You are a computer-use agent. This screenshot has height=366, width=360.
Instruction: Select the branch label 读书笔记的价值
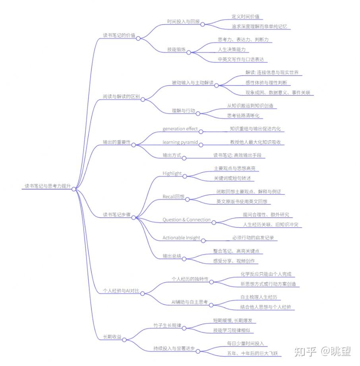pyautogui.click(x=119, y=35)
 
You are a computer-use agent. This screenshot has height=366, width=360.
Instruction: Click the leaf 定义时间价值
pyautogui.click(x=246, y=17)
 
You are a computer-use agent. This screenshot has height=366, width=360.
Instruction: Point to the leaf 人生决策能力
pyautogui.click(x=232, y=49)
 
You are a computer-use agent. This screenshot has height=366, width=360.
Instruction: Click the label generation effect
pyautogui.click(x=180, y=129)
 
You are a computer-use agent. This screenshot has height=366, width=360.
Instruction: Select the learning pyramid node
pyautogui.click(x=180, y=142)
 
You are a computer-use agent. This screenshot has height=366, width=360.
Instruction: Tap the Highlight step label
pyautogui.click(x=172, y=173)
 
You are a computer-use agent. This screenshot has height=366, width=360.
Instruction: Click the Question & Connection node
pyautogui.click(x=186, y=220)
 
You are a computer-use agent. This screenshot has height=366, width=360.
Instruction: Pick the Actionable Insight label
pyautogui.click(x=181, y=238)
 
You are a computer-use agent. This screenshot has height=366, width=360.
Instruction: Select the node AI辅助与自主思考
pyautogui.click(x=190, y=302)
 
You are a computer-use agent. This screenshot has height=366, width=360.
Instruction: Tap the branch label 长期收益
pyautogui.click(x=112, y=337)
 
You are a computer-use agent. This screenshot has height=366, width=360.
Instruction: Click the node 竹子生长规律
pyautogui.click(x=167, y=325)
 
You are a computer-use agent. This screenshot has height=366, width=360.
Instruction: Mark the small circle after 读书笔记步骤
pyautogui.click(x=134, y=217)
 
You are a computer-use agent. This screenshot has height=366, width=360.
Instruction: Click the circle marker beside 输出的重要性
pyautogui.click(x=134, y=145)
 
